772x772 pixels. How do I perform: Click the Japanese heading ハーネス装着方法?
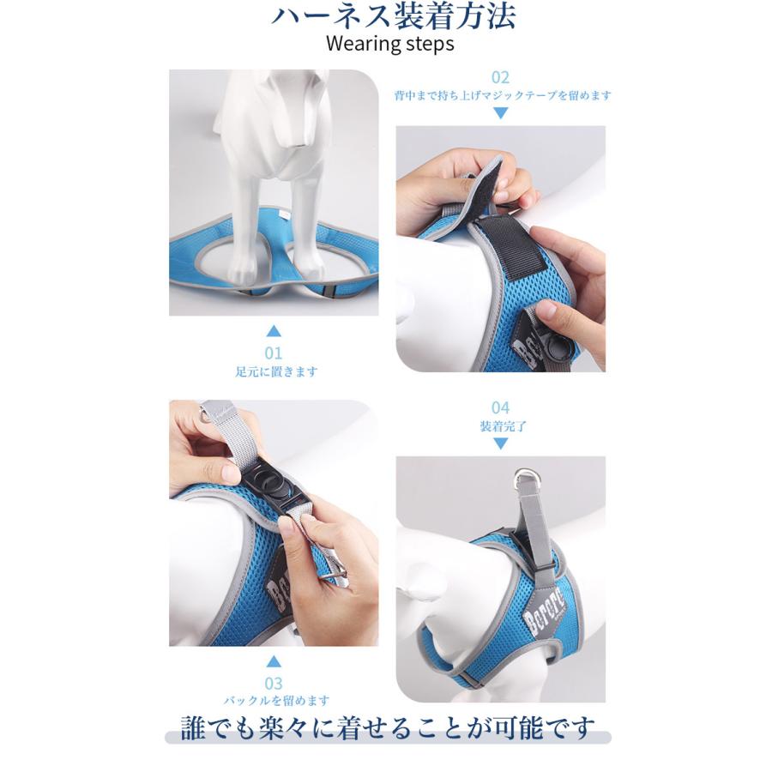393,16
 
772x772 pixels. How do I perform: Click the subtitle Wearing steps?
390,44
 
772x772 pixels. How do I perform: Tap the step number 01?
274,353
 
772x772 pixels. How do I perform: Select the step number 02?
500,77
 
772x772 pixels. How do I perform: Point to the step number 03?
274,684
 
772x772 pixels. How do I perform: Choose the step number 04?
500,407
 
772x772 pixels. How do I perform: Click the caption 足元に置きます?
276,371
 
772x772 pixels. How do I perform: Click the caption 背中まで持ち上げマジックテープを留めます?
502,95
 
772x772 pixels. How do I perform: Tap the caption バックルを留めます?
276,700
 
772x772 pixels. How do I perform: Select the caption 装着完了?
504,425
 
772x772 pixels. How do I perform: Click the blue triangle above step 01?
274,331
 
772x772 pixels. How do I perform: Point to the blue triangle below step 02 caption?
500,113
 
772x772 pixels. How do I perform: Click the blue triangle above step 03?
274,661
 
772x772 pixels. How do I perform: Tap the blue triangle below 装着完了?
500,443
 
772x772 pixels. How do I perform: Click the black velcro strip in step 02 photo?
512,250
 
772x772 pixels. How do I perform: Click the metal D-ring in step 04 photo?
523,479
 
